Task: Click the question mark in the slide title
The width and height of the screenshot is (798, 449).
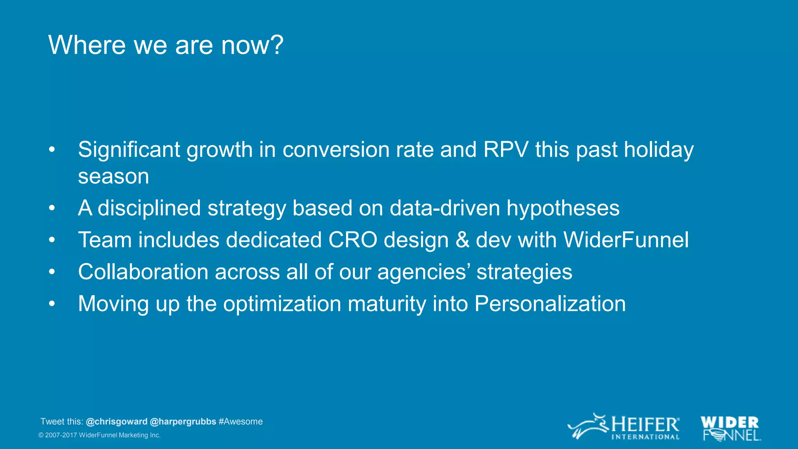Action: (276, 45)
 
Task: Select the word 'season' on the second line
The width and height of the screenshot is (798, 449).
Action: (113, 176)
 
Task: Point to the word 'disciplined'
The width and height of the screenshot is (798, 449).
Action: (149, 208)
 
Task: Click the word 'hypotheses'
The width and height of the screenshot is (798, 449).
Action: (563, 208)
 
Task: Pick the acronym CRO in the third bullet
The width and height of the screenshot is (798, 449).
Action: (352, 240)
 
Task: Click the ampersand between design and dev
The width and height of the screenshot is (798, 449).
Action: (462, 240)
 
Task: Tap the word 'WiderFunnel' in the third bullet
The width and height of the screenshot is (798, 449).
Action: (626, 240)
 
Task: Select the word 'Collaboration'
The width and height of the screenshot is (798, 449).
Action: (143, 272)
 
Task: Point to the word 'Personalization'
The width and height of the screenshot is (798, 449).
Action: (550, 304)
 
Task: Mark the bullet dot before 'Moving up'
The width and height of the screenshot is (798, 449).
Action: (52, 304)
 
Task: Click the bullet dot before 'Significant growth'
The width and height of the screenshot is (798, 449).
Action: (52, 150)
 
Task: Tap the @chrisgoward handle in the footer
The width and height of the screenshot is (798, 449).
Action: (117, 422)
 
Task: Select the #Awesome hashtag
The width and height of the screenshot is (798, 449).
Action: (241, 422)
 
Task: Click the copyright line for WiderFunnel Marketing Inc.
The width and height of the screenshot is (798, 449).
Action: (99, 435)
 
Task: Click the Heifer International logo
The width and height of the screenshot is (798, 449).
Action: (623, 427)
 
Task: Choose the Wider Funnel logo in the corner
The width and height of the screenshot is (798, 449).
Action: (731, 428)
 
